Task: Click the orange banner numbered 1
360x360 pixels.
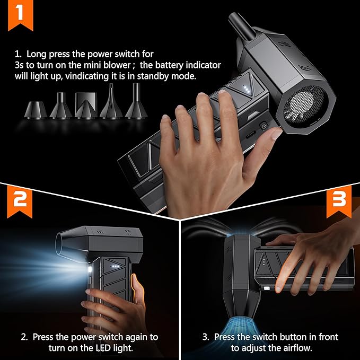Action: pyautogui.click(x=21, y=14)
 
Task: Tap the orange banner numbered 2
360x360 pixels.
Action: pyautogui.click(x=20, y=201)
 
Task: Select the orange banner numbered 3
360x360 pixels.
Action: pyautogui.click(x=339, y=201)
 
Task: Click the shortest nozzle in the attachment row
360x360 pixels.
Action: pyautogui.click(x=36, y=110)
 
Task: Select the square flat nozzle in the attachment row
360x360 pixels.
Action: pyautogui.click(x=86, y=106)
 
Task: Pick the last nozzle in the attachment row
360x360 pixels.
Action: pyautogui.click(x=136, y=101)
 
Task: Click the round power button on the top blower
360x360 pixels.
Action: pyautogui.click(x=264, y=126)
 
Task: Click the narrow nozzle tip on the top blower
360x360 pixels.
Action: pyautogui.click(x=242, y=27)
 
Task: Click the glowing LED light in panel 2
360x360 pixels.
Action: pyautogui.click(x=90, y=270)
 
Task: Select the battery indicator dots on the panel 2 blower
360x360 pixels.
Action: pyautogui.click(x=115, y=266)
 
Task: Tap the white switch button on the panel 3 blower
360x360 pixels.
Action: pyautogui.click(x=267, y=288)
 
